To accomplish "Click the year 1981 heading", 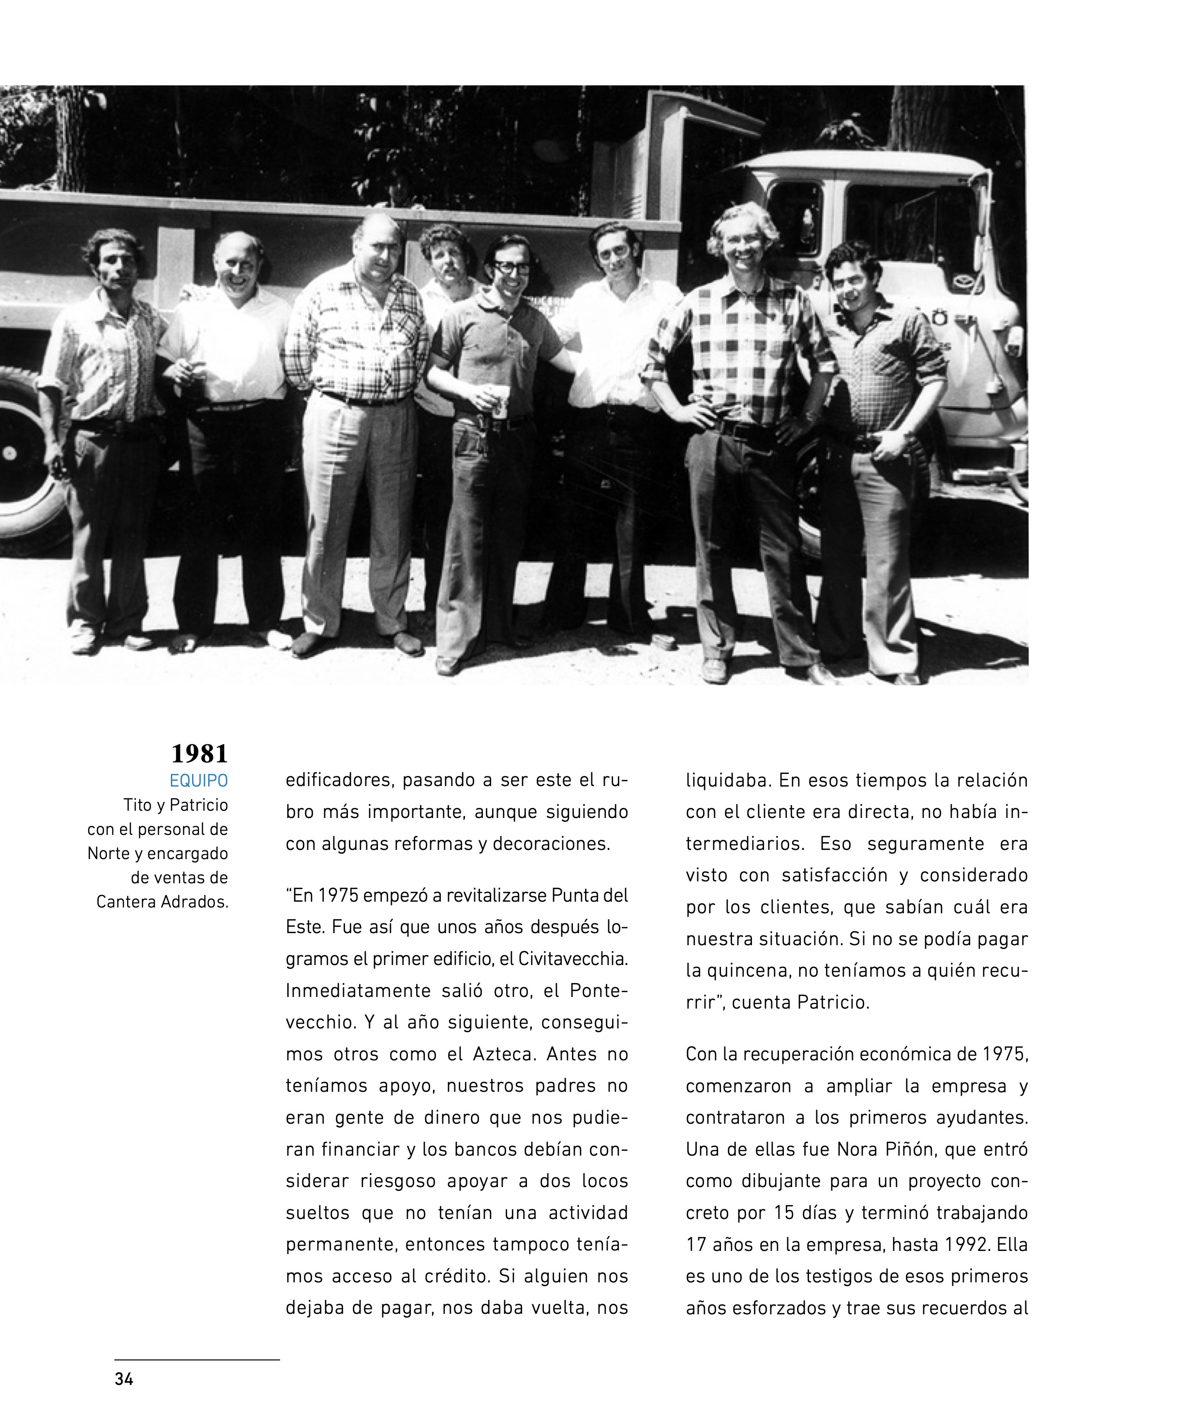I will pyautogui.click(x=199, y=754).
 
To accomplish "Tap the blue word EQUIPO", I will pyautogui.click(x=199, y=781).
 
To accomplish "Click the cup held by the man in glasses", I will pyautogui.click(x=499, y=401).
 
